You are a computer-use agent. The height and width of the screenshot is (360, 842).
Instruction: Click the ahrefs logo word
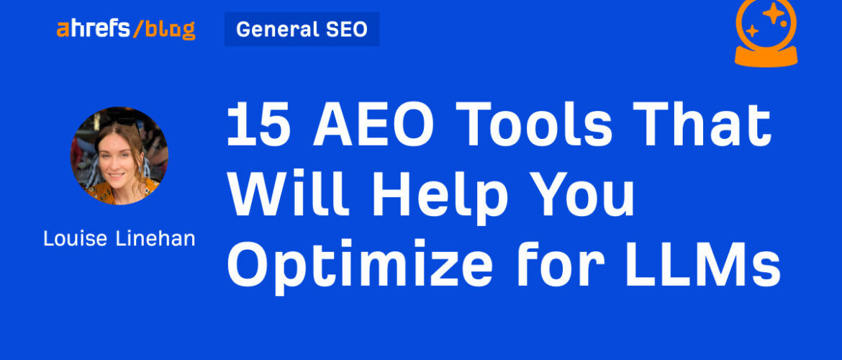click(93, 29)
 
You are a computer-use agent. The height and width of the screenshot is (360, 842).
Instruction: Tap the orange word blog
click(171, 30)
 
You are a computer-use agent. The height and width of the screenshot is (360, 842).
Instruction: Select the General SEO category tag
click(302, 29)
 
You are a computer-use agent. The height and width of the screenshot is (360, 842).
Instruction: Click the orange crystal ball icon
click(766, 33)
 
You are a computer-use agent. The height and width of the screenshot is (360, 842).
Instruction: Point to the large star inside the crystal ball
click(774, 14)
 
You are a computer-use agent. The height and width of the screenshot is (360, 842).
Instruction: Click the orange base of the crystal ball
click(766, 56)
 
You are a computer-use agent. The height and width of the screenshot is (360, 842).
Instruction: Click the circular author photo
click(119, 156)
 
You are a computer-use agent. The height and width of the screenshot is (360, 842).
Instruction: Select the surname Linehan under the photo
click(155, 238)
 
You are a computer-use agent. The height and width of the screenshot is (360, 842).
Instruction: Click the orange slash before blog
click(138, 29)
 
